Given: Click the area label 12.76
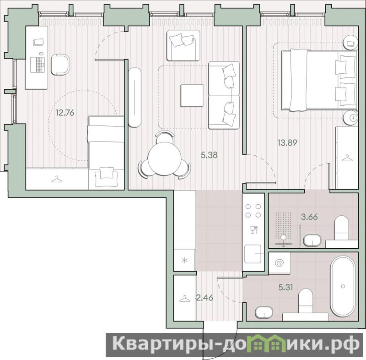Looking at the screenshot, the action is (x=65, y=113).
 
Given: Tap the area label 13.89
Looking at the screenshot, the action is (x=287, y=142).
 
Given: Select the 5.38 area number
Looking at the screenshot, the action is (x=209, y=155).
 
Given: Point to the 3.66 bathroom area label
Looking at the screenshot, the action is (x=309, y=217).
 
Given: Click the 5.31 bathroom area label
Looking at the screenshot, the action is (x=285, y=287).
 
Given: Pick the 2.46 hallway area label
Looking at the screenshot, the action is (x=205, y=298).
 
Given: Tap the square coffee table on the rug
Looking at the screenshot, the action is (x=192, y=96).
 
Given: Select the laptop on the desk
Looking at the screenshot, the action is (x=38, y=64).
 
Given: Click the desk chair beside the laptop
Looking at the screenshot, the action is (x=60, y=65).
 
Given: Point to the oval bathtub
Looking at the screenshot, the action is (x=343, y=287).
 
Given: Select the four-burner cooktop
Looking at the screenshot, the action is (x=253, y=211).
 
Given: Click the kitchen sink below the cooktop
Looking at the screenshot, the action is (x=253, y=254).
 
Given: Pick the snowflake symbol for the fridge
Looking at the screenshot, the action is (x=185, y=260).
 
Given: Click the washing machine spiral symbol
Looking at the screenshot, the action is (x=279, y=263).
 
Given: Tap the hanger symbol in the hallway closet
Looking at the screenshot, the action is (x=185, y=299).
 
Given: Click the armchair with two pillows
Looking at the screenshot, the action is (x=183, y=45).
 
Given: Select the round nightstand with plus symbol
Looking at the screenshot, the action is (x=350, y=118).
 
